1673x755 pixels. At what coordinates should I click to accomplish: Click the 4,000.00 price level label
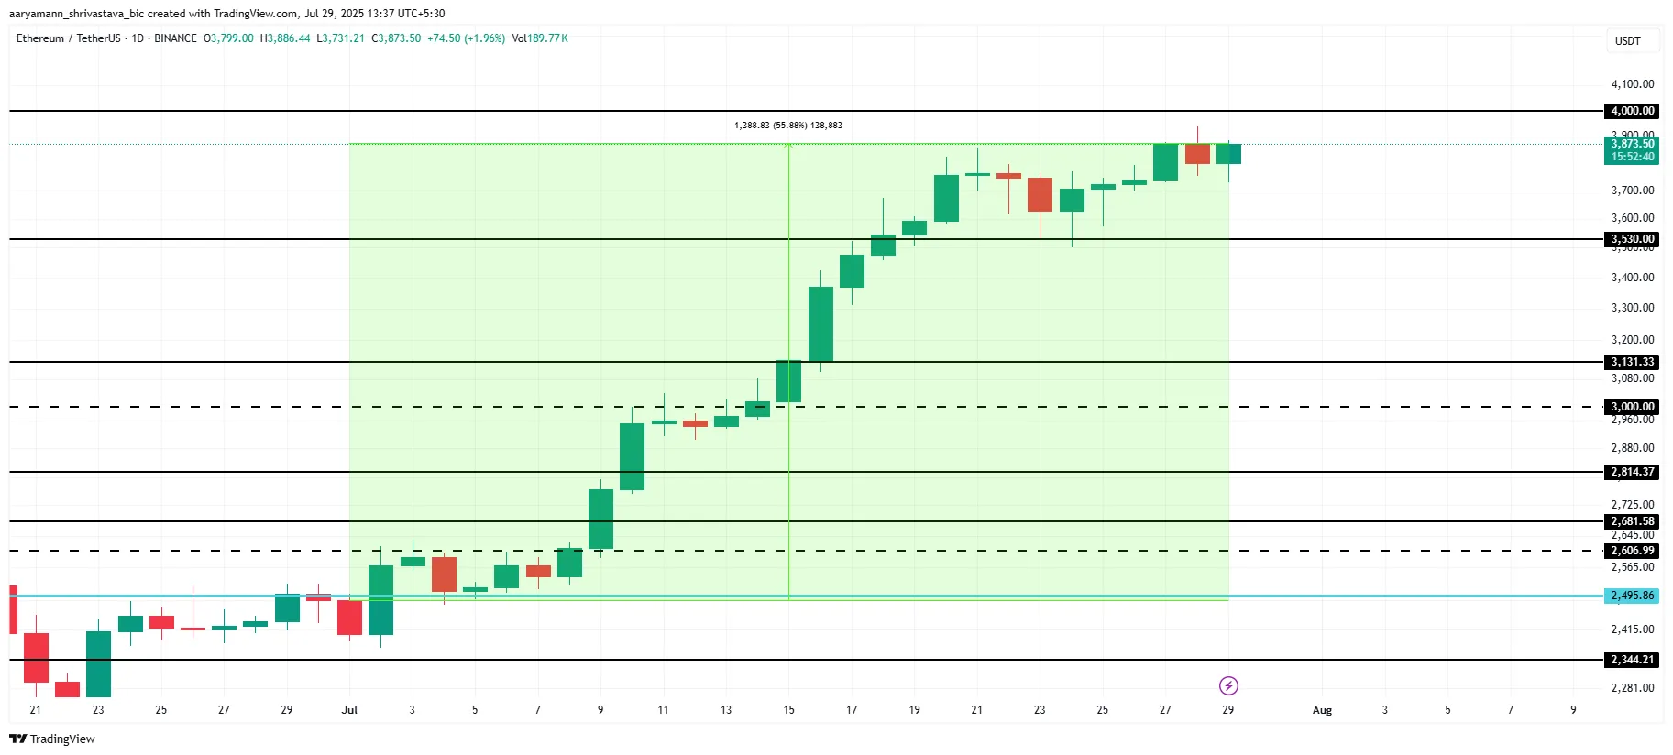pyautogui.click(x=1633, y=111)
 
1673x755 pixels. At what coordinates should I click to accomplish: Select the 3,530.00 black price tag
pyautogui.click(x=1633, y=239)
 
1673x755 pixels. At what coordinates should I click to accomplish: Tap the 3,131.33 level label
pyautogui.click(x=1633, y=362)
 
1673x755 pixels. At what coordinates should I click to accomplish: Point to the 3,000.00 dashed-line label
pyautogui.click(x=1633, y=407)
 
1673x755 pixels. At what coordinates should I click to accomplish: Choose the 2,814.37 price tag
pyautogui.click(x=1633, y=472)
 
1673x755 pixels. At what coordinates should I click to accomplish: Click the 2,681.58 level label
pyautogui.click(x=1633, y=521)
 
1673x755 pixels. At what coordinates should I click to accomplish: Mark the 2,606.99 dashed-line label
pyautogui.click(x=1633, y=551)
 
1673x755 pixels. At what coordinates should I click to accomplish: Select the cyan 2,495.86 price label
pyautogui.click(x=1633, y=596)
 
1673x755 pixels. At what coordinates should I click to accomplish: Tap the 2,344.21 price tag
pyautogui.click(x=1633, y=660)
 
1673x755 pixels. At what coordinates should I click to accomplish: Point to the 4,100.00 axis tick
pyautogui.click(x=1633, y=84)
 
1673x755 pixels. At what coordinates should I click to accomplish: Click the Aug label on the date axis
pyautogui.click(x=1322, y=710)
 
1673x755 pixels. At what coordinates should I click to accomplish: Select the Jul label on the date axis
pyautogui.click(x=349, y=710)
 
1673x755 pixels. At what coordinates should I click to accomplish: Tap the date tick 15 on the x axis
pyautogui.click(x=788, y=710)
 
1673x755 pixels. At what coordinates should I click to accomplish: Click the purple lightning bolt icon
pyautogui.click(x=1228, y=685)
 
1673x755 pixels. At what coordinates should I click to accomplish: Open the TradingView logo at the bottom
pyautogui.click(x=52, y=739)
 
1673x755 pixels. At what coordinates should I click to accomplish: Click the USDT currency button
pyautogui.click(x=1627, y=41)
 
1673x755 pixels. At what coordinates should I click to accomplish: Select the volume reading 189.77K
pyautogui.click(x=547, y=38)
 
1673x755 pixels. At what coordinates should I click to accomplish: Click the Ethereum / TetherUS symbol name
pyautogui.click(x=68, y=38)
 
